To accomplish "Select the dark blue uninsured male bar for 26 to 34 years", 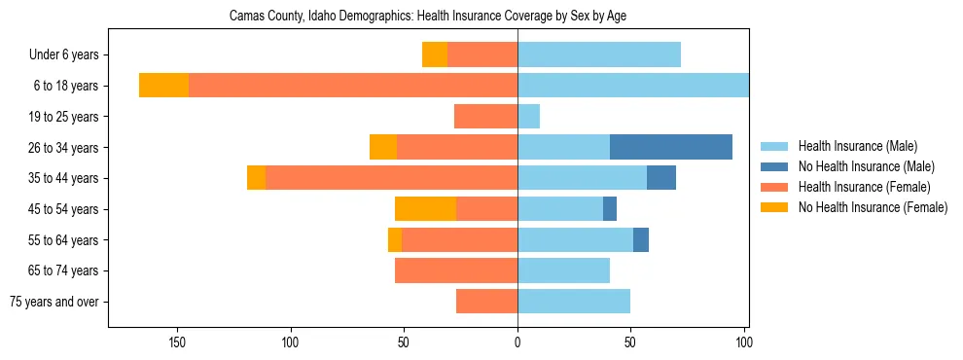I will pyautogui.click(x=671, y=147).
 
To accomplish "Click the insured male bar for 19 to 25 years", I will pyautogui.click(x=528, y=117).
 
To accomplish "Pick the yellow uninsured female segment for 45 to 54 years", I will pyautogui.click(x=425, y=209).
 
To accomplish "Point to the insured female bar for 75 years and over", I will pyautogui.click(x=486, y=302).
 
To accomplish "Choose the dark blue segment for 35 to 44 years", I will pyautogui.click(x=661, y=178).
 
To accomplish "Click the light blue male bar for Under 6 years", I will pyautogui.click(x=598, y=54).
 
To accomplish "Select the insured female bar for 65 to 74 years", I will pyautogui.click(x=456, y=270).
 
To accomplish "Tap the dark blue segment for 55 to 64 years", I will pyautogui.click(x=641, y=240).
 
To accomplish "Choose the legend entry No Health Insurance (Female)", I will pyautogui.click(x=873, y=207).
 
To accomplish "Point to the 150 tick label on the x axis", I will pyautogui.click(x=177, y=342).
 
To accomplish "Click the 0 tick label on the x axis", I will pyautogui.click(x=517, y=342).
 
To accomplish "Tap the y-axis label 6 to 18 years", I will pyautogui.click(x=64, y=86).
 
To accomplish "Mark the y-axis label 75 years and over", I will pyautogui.click(x=54, y=302).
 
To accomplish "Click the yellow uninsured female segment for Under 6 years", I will pyautogui.click(x=435, y=54).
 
